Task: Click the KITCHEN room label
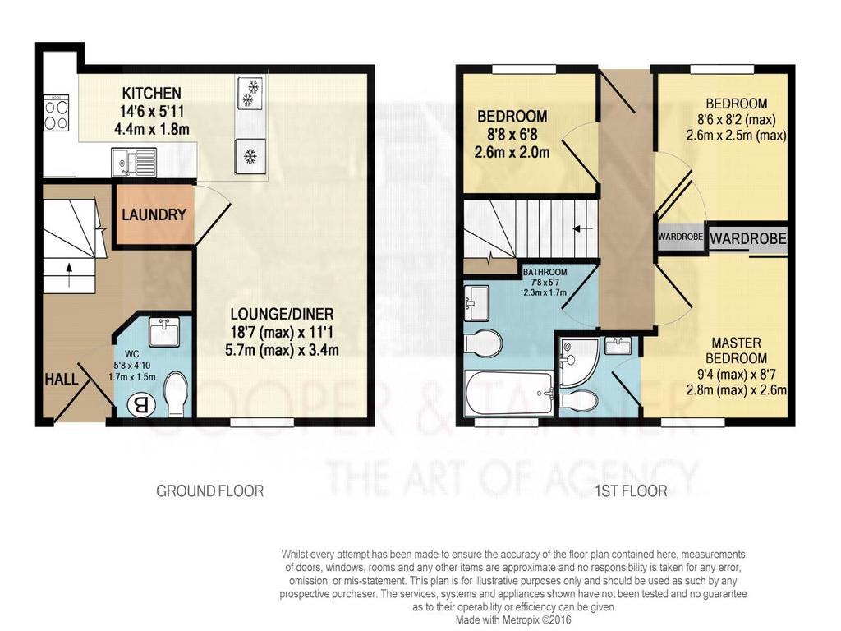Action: [x=152, y=94]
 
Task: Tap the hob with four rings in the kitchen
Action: [x=56, y=113]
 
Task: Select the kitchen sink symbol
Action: [x=134, y=162]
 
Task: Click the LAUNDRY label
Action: [x=154, y=214]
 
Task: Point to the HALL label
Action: [x=61, y=380]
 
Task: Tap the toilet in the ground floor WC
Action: [x=176, y=394]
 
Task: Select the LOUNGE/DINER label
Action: [x=283, y=314]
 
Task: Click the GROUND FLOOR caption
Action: [x=209, y=491]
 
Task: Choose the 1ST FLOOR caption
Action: [x=631, y=491]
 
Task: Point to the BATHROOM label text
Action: [x=545, y=272]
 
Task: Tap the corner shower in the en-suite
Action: [x=579, y=362]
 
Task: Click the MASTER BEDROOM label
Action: [x=736, y=350]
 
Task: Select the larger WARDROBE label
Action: [x=747, y=237]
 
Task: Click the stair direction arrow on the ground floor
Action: [x=69, y=274]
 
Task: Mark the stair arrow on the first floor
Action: [x=582, y=229]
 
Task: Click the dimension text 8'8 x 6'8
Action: [x=512, y=134]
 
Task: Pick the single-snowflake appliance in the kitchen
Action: [x=250, y=155]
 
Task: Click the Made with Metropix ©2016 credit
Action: [x=513, y=619]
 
